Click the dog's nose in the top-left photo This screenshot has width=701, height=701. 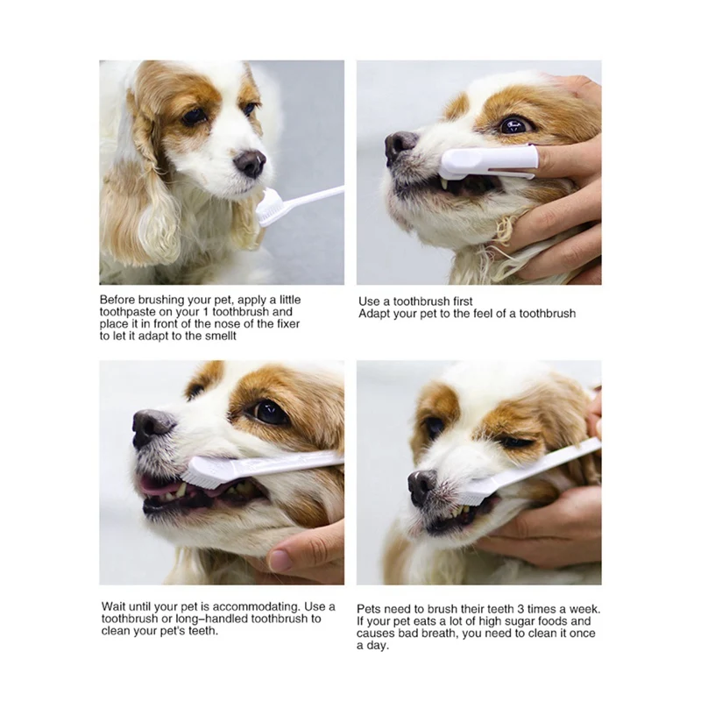point(250,162)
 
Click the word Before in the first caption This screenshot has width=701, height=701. point(119,299)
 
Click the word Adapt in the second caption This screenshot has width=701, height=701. point(376,314)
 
